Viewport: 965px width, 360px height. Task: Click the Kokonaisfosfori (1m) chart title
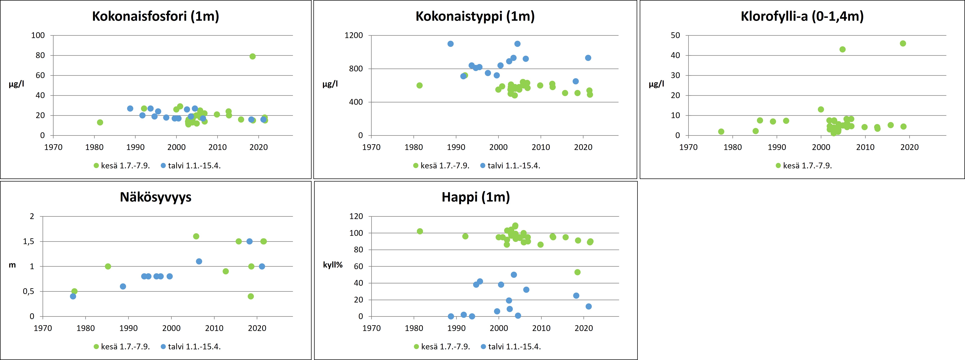(x=155, y=16)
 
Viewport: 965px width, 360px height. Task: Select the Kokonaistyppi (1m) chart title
(x=475, y=16)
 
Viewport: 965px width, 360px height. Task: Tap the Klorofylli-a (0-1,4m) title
(x=802, y=16)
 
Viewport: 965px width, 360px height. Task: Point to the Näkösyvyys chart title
(x=155, y=197)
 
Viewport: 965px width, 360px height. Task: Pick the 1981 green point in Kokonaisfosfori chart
(x=100, y=123)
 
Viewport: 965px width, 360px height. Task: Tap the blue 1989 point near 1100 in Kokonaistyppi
(x=451, y=44)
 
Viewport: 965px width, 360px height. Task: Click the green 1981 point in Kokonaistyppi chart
(x=420, y=85)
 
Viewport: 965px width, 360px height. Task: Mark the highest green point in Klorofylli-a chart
(x=903, y=43)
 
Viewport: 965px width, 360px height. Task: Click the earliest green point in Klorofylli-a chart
(x=721, y=131)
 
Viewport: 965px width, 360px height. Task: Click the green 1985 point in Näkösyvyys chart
(x=108, y=266)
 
